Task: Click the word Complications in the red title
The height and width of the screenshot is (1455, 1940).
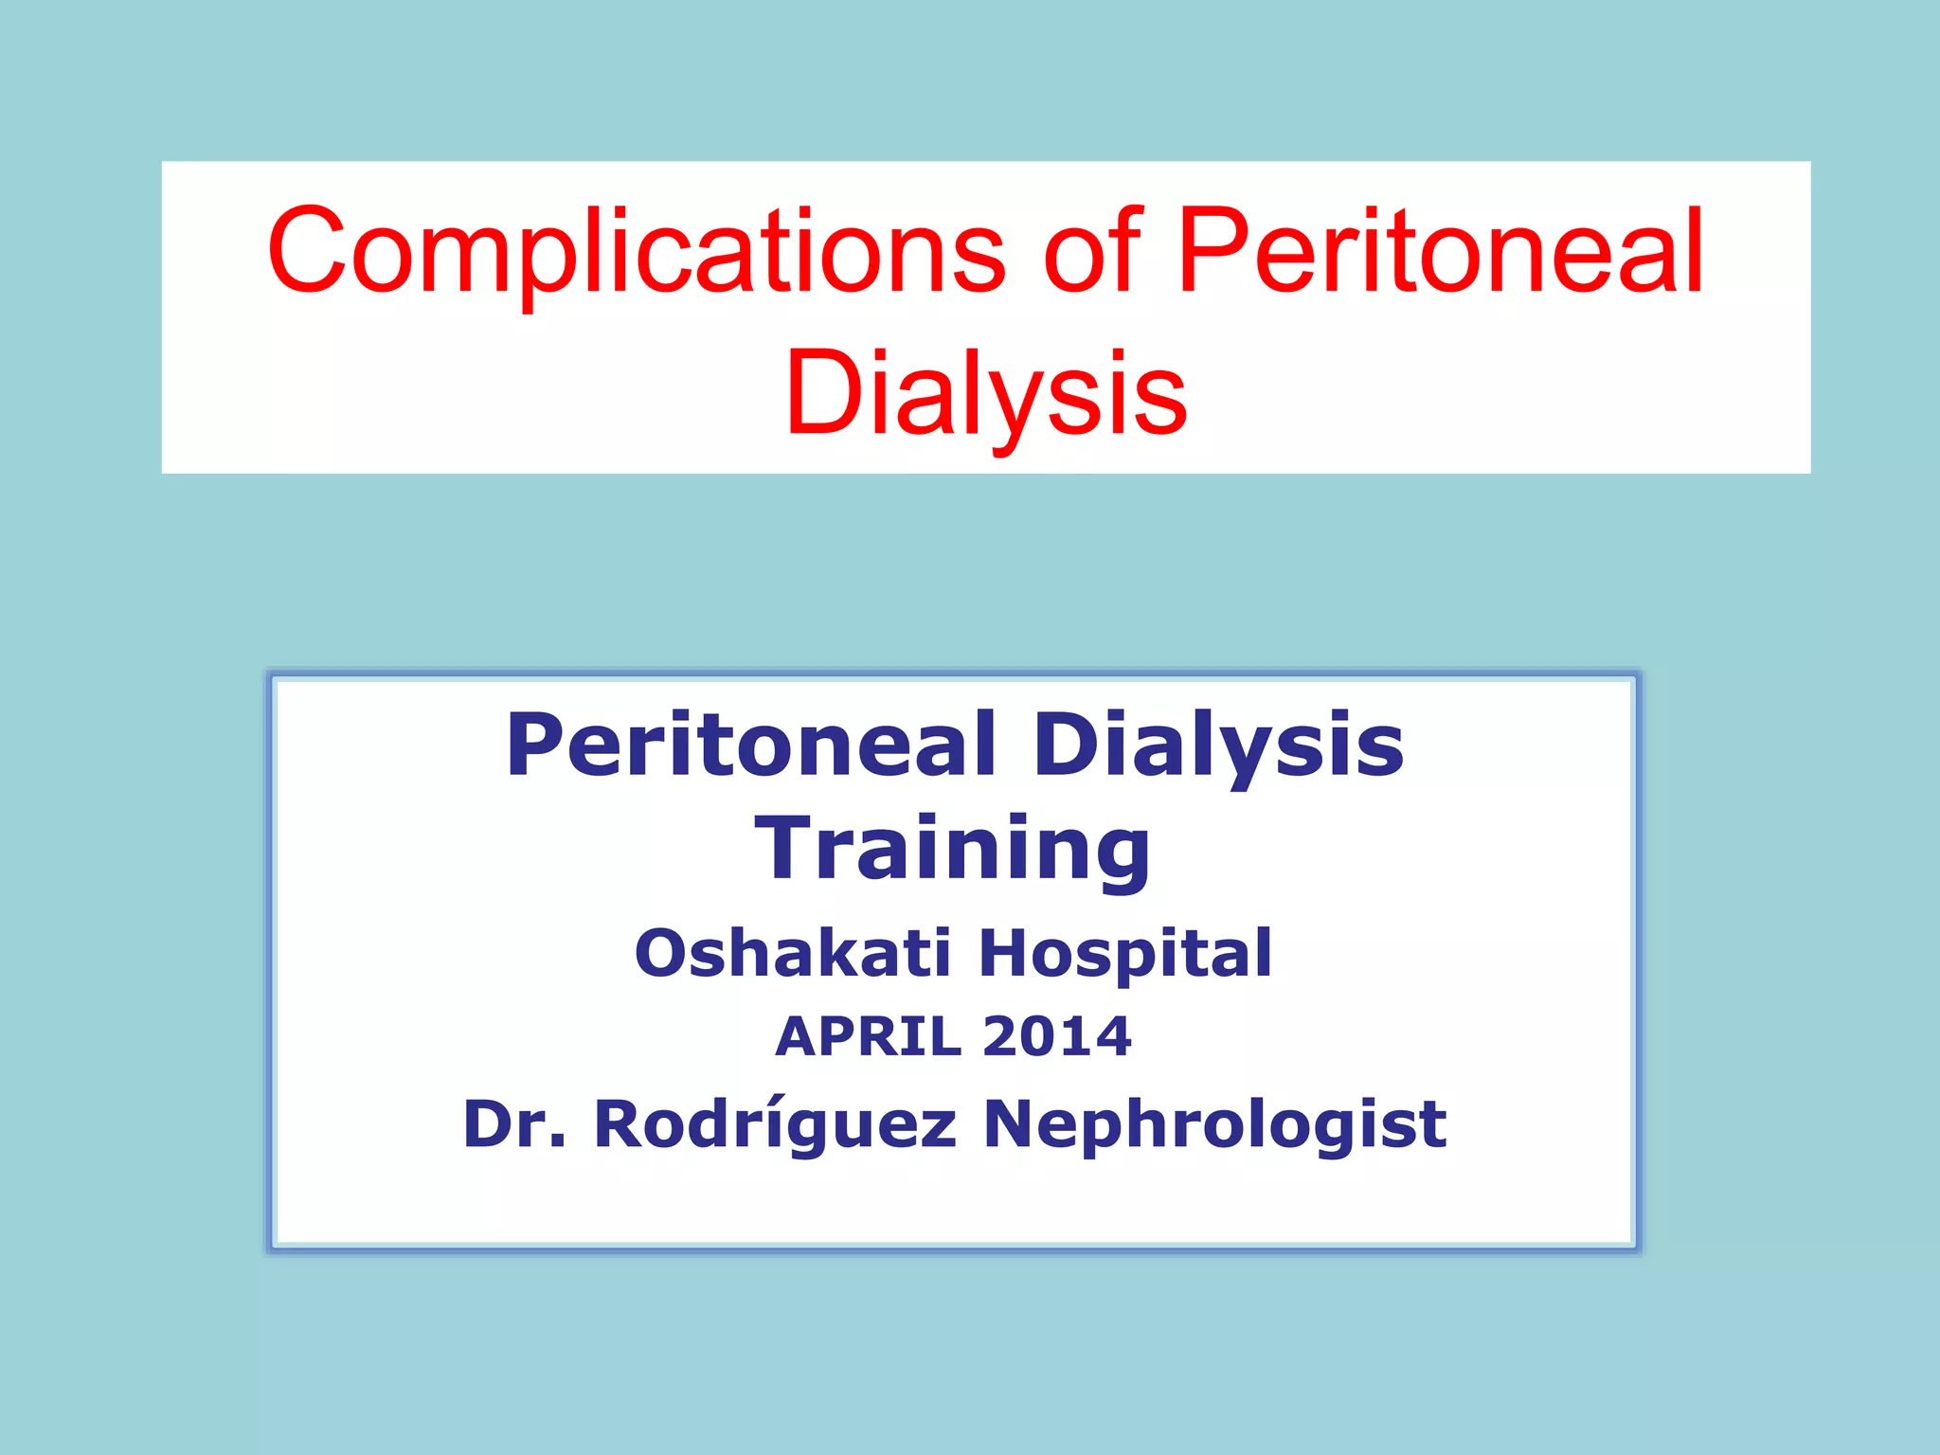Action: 636,252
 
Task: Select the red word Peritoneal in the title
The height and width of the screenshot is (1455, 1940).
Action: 1440,250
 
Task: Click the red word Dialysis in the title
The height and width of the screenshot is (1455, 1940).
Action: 985,393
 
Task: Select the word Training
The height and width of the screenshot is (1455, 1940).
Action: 952,850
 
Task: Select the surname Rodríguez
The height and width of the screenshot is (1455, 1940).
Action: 775,1126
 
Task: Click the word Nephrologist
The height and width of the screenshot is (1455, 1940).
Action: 1215,1126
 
